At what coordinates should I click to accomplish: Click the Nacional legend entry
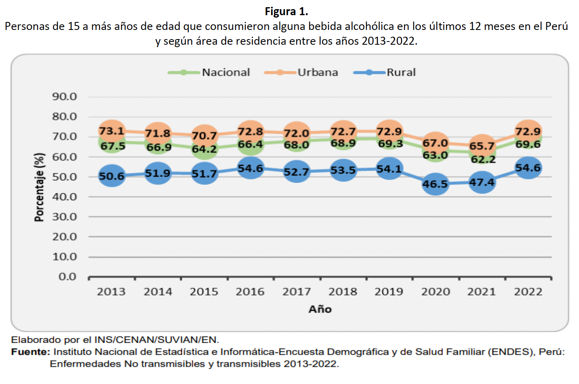click(209, 72)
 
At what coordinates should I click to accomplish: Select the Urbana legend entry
click(301, 72)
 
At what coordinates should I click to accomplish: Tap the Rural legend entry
click(385, 72)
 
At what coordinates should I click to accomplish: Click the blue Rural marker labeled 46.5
click(435, 184)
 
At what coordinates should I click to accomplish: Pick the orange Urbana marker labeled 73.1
click(112, 131)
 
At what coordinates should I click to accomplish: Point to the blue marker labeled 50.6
click(112, 176)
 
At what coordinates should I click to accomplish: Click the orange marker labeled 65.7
click(482, 145)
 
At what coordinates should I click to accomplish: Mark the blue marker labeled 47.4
click(482, 182)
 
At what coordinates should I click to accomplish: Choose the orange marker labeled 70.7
click(204, 135)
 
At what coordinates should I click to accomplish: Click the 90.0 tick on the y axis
click(64, 97)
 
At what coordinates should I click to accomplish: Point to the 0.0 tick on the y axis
click(67, 277)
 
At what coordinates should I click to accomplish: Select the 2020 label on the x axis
click(435, 292)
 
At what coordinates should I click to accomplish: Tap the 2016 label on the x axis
click(250, 292)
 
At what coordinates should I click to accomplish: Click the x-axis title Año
click(320, 309)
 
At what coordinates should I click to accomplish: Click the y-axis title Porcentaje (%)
click(39, 187)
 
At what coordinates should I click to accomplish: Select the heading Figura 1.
click(286, 12)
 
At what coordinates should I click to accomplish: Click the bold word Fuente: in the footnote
click(31, 352)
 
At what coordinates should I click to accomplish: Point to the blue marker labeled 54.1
click(389, 169)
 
